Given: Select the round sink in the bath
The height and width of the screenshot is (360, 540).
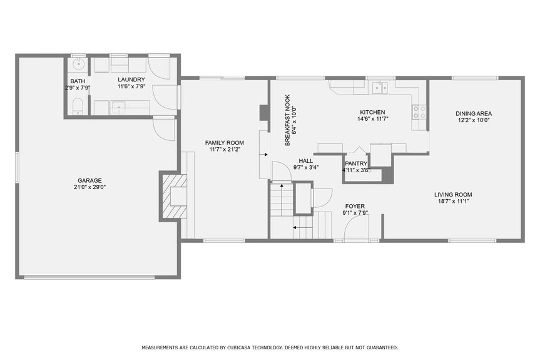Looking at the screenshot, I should tap(78, 64).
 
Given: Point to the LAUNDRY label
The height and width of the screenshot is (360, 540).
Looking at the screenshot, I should tap(131, 80).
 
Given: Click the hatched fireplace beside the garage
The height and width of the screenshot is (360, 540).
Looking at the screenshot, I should tap(173, 195).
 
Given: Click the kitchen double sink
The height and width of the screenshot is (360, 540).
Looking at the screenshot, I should tap(380, 88).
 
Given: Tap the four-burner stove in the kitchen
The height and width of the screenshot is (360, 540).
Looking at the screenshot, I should tap(419, 111).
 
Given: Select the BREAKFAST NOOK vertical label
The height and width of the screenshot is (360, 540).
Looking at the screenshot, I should tap(288, 120).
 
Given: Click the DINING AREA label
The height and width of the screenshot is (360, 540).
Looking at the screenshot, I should tap(473, 113).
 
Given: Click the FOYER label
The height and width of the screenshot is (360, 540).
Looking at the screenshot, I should tap(355, 205).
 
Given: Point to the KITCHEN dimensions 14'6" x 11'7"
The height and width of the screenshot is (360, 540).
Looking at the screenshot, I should tap(374, 118).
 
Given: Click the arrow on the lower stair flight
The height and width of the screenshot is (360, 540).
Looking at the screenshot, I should tap(303, 229).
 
